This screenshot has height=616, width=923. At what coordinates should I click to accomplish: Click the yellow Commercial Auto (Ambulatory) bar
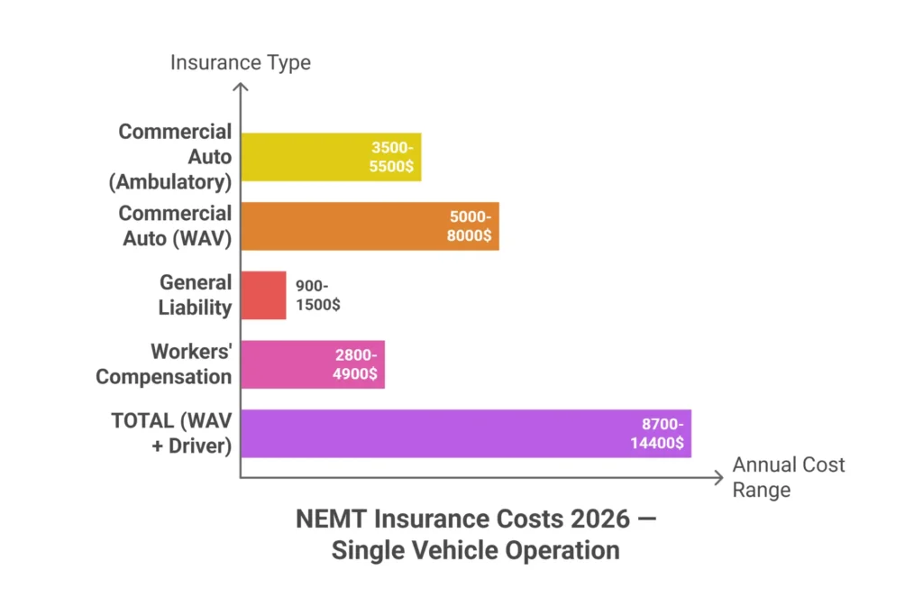point(306,157)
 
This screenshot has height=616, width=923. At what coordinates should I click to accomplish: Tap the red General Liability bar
point(263,295)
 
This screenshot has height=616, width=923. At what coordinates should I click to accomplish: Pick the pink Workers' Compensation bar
point(288,364)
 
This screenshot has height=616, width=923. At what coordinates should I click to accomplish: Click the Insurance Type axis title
point(240,62)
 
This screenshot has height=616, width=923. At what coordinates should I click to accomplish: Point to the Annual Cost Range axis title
point(788,477)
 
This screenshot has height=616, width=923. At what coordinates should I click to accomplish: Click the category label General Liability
point(195,295)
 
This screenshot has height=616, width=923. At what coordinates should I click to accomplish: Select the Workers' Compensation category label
point(164,364)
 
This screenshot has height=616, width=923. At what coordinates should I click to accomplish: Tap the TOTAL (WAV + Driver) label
point(171,434)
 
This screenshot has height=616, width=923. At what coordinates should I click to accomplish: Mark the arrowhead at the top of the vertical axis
point(240,87)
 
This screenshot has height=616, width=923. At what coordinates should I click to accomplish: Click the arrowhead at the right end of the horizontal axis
point(717,477)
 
